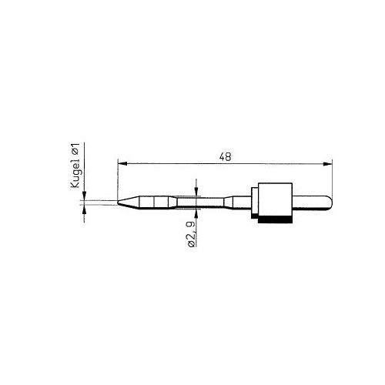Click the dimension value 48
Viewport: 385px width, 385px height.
pyautogui.click(x=225, y=156)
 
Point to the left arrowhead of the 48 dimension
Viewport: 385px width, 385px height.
pyautogui.click(x=121, y=162)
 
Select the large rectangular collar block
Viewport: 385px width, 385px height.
pyautogui.click(x=274, y=202)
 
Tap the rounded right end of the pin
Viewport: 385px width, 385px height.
pyautogui.click(x=330, y=203)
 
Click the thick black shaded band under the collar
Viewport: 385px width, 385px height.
pyautogui.click(x=274, y=221)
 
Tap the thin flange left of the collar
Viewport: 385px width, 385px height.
pyautogui.click(x=253, y=203)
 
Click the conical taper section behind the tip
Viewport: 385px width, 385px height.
pyautogui.click(x=131, y=203)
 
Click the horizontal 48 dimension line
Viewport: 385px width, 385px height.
pyautogui.click(x=177, y=162)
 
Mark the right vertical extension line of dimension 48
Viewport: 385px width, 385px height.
pyautogui.click(x=331, y=181)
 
